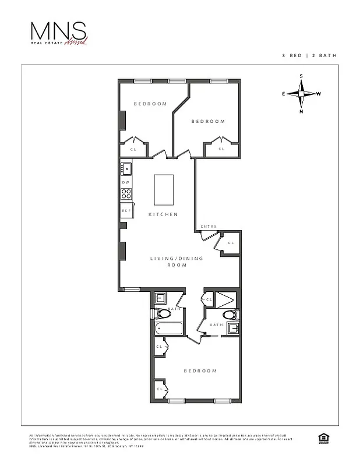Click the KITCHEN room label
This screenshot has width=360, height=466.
[x=163, y=214]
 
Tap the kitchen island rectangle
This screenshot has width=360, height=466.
[x=163, y=189]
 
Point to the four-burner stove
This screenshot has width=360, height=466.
[x=126, y=194]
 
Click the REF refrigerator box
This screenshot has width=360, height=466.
[x=126, y=210]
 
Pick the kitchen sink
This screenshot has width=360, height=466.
[x=126, y=169]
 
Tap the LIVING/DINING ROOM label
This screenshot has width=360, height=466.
[x=168, y=262]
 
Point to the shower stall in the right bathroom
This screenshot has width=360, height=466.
[x=227, y=299]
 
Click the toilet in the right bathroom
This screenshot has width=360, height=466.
[x=229, y=315]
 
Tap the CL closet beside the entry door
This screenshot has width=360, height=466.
[x=230, y=243]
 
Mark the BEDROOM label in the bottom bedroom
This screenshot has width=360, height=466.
[x=200, y=370]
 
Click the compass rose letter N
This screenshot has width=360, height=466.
[x=301, y=111]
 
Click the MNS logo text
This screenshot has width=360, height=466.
[x=59, y=31]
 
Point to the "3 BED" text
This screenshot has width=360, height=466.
[x=290, y=55]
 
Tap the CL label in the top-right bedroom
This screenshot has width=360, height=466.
[x=221, y=149]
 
